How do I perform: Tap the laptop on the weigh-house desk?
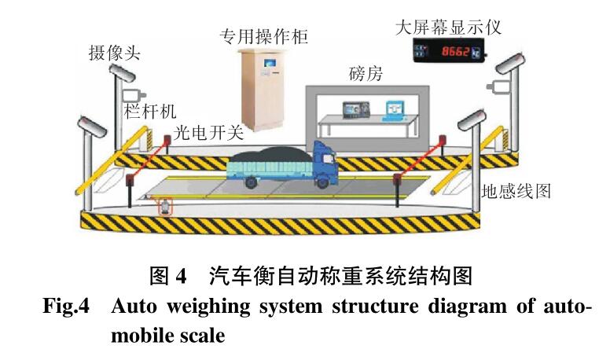click(391, 108)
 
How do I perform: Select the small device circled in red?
click(165, 208)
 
